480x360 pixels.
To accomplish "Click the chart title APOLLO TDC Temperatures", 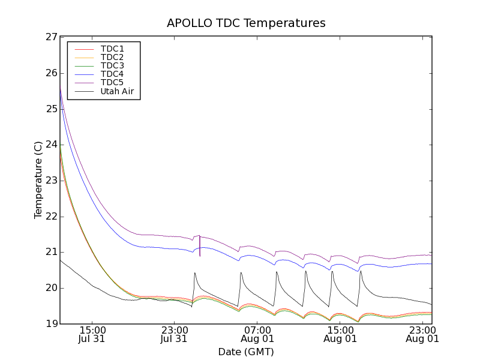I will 246,23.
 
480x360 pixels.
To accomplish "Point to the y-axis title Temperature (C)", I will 38,180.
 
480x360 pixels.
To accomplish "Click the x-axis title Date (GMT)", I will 246,352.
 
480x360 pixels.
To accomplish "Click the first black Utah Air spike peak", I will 195,273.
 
